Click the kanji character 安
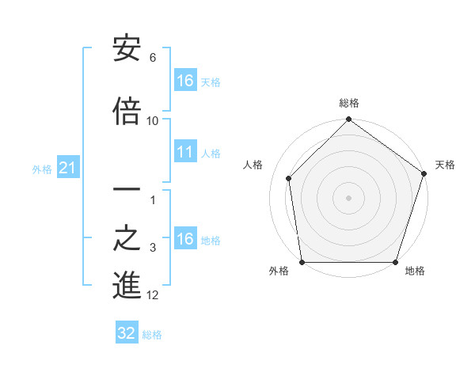point(127,49)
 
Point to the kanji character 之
point(127,237)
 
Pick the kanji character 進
point(127,285)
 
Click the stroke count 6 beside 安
point(153,58)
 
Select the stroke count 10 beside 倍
point(153,120)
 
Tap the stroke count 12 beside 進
point(153,295)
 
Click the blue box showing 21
point(67,168)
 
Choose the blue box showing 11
point(184,153)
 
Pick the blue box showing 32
point(127,333)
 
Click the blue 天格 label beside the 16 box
point(211,82)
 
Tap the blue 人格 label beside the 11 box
point(211,154)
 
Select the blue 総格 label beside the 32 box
point(152,335)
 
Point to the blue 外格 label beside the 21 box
point(42,169)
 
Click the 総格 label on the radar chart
point(348,103)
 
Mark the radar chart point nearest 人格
point(288,178)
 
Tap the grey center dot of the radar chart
point(348,197)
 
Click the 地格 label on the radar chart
point(415,271)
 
